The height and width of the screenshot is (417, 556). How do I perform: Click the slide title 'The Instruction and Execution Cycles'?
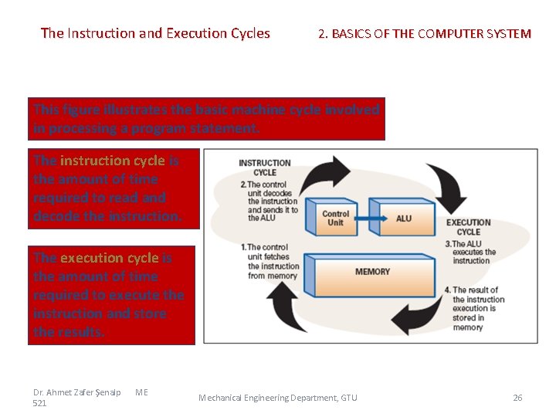155,33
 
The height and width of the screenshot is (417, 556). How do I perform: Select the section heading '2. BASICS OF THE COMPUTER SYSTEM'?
425,34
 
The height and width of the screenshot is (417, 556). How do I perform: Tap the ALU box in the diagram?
403,219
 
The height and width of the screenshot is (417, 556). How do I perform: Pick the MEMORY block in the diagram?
372,273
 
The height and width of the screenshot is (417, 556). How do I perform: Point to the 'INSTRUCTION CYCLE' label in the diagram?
264,168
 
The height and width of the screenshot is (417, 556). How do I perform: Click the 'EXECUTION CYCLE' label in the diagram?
468,227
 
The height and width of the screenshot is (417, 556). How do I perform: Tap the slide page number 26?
517,398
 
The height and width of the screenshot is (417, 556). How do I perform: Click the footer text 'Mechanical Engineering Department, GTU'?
278,398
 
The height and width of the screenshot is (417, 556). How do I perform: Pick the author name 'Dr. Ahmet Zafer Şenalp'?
76,392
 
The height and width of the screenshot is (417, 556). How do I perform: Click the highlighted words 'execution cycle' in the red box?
109,258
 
